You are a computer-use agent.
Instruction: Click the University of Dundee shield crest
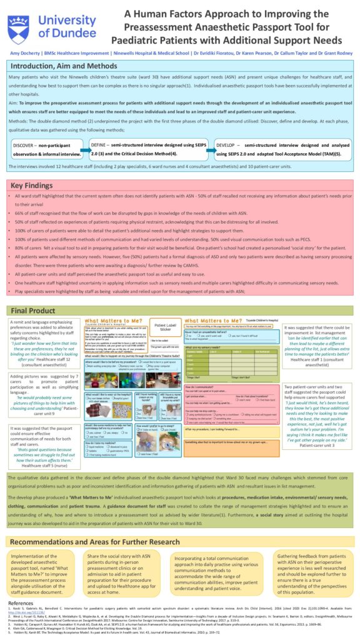point(19,27)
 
